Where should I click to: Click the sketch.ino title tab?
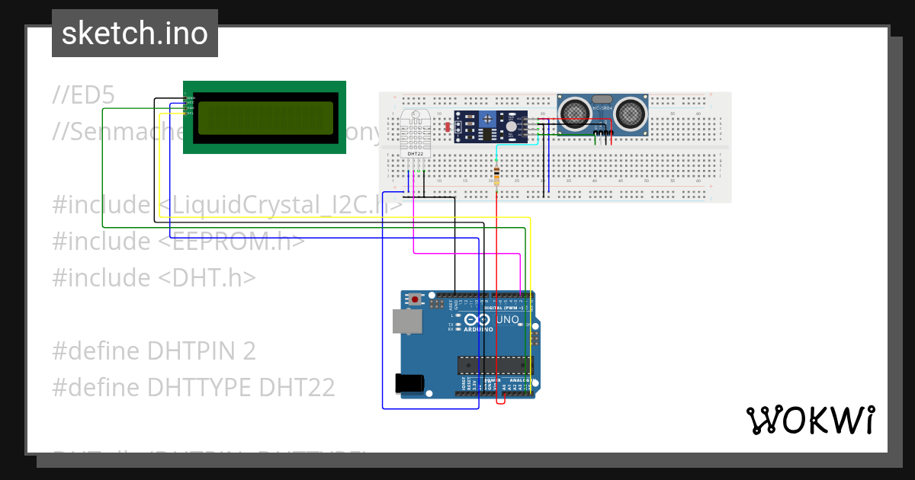pos(135,34)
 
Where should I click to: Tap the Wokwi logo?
pos(811,420)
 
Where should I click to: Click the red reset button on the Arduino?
pos(415,299)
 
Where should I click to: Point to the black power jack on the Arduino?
pos(409,383)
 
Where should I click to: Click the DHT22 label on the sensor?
pos(416,153)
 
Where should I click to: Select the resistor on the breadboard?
pos(497,176)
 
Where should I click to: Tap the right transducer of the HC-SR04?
pos(631,113)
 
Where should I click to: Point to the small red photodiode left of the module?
pos(447,127)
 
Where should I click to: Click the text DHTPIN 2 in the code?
pos(201,351)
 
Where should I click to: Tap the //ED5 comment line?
pos(83,95)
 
